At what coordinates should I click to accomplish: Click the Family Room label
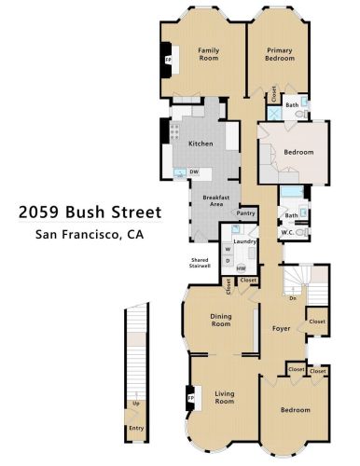(209, 54)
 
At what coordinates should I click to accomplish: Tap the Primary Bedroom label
(280, 54)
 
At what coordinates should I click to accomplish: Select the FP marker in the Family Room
(168, 60)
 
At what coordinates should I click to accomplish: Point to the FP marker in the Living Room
(190, 398)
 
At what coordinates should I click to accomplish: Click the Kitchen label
(201, 144)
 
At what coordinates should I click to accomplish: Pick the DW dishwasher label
(194, 171)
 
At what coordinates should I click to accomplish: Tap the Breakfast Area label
(216, 200)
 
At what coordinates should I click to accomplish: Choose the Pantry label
(245, 213)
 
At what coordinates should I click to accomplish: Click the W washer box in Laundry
(228, 250)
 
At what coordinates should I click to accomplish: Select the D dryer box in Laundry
(228, 261)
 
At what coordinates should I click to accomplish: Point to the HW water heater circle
(242, 268)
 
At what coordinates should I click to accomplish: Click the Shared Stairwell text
(200, 263)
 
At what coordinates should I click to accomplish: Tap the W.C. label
(287, 232)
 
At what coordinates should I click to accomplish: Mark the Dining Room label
(221, 321)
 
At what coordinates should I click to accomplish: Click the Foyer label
(281, 328)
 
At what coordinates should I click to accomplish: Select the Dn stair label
(293, 298)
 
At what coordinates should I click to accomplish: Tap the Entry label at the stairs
(136, 429)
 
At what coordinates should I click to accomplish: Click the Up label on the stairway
(136, 404)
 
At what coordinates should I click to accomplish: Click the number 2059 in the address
(39, 212)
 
